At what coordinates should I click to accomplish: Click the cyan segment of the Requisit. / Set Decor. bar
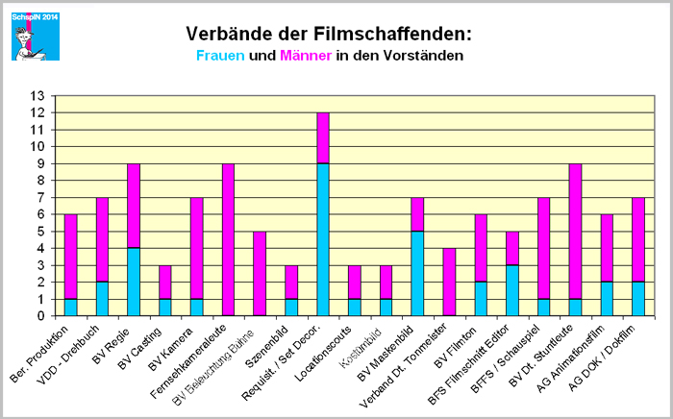pyautogui.click(x=324, y=239)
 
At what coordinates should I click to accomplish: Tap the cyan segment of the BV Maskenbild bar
pyautogui.click(x=418, y=274)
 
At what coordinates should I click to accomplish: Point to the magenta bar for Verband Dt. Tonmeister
pyautogui.click(x=449, y=282)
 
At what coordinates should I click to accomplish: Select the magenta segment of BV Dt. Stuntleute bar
pyautogui.click(x=574, y=232)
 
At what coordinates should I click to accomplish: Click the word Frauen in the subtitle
pyautogui.click(x=219, y=56)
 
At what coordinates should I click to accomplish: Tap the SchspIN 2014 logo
pyautogui.click(x=35, y=35)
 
